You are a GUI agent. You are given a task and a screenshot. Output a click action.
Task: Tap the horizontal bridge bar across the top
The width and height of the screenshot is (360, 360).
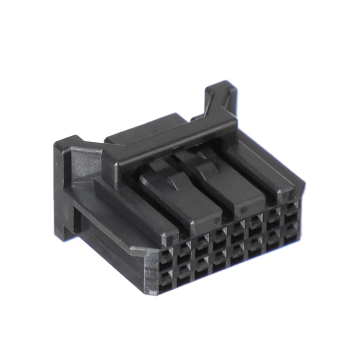(x=175, y=144)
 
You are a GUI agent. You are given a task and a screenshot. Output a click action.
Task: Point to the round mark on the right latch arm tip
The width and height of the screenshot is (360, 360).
(x=243, y=210)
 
